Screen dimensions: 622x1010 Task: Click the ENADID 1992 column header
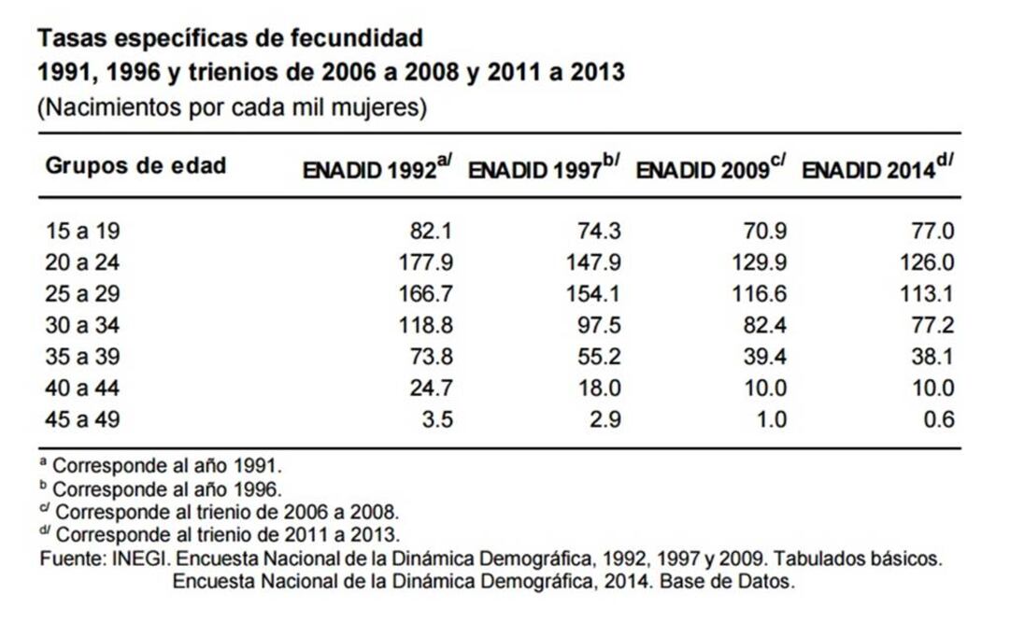pyautogui.click(x=377, y=170)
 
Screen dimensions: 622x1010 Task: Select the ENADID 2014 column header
pyautogui.click(x=877, y=170)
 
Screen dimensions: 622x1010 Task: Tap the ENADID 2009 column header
pyautogui.click(x=710, y=170)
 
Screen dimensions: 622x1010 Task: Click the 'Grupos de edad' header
pyautogui.click(x=136, y=166)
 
